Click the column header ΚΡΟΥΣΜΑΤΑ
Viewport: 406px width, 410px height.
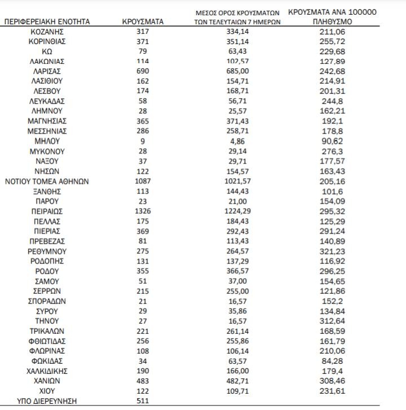click(143, 22)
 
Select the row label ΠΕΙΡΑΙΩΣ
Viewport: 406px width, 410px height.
click(47, 210)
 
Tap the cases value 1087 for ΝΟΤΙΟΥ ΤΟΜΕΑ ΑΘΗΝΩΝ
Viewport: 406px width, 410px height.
click(143, 182)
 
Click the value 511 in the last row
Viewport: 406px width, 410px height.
click(143, 402)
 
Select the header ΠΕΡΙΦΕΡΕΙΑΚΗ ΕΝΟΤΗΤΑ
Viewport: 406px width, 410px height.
click(47, 22)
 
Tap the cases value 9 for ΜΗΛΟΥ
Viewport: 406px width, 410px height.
click(143, 142)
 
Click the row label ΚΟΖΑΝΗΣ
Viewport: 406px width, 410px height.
click(47, 31)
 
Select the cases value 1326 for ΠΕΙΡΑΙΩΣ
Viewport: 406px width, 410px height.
click(143, 210)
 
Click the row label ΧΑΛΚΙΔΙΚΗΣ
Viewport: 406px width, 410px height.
click(47, 371)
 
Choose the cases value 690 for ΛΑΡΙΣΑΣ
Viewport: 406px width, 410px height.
click(143, 71)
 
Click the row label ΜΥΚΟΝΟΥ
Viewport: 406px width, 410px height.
click(47, 152)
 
